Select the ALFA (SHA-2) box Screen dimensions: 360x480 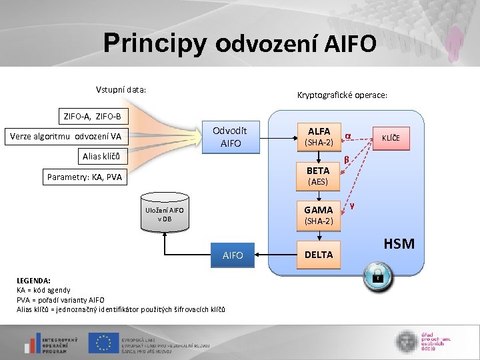pos(319,137)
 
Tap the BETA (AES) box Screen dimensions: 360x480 pos(319,176)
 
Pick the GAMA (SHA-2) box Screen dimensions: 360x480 pos(319,215)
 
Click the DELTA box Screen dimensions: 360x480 pos(319,255)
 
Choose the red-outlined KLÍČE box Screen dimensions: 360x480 pos(391,138)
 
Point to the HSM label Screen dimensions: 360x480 pos(399,244)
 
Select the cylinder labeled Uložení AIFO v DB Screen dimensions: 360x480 pos(164,214)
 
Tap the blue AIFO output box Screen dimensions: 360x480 pos(233,255)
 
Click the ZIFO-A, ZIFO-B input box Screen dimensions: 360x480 pos(92,117)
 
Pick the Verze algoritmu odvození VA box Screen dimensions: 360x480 pos(65,137)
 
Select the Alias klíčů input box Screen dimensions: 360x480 pos(101,157)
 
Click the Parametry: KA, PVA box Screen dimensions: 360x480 pos(85,177)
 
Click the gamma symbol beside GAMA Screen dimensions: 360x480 pos(351,205)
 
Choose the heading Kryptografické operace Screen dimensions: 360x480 pos(342,95)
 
